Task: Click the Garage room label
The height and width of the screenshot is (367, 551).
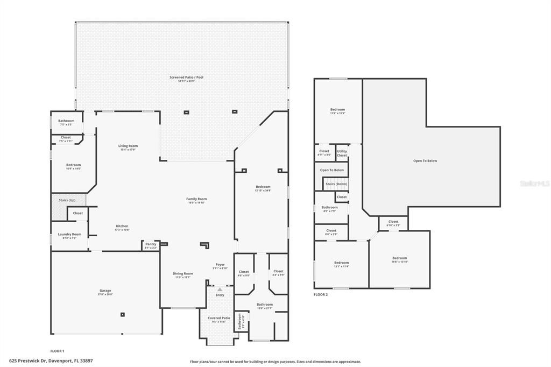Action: coord(105,291)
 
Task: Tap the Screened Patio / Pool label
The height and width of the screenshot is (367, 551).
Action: coord(186,77)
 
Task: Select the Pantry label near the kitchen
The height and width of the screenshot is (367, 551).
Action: coord(151,245)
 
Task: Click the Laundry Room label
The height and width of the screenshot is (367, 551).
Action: coord(70,234)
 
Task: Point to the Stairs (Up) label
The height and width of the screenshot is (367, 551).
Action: coord(67,200)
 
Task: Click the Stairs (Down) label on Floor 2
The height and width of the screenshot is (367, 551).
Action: coord(336,184)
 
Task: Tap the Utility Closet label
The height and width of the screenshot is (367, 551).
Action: coord(342,153)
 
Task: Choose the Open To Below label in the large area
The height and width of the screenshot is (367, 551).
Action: coord(425,161)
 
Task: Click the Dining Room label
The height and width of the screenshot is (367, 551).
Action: coord(183,273)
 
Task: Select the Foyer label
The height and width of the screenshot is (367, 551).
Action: coord(220,265)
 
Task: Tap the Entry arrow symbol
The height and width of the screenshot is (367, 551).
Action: coord(220,290)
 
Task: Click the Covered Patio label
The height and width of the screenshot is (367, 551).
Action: coord(218,318)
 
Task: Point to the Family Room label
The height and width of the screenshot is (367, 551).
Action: coord(196,199)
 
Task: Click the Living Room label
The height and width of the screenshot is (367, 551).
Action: coord(128,146)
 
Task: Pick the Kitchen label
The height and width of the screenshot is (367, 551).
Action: coord(122,226)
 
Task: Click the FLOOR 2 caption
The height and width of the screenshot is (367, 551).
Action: coord(321,294)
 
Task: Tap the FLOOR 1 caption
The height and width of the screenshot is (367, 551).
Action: coord(57,351)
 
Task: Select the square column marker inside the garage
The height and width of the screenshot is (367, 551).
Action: coord(123,314)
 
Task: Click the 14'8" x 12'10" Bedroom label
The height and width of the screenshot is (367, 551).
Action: coord(399,258)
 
